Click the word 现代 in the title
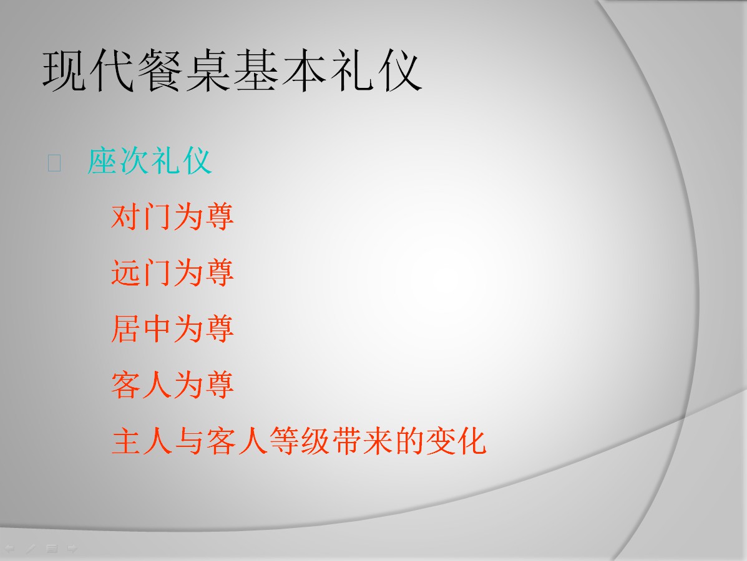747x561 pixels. click(x=90, y=71)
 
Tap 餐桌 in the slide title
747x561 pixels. click(x=185, y=71)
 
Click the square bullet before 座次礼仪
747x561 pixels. click(x=54, y=163)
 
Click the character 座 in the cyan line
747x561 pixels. click(x=102, y=161)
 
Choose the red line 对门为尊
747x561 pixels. click(x=172, y=216)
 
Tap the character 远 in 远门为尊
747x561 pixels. click(x=126, y=272)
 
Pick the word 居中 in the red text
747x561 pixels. click(x=142, y=328)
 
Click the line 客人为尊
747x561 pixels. click(x=172, y=385)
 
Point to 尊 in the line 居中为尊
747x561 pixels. click(x=218, y=328)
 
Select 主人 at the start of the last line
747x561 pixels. click(x=142, y=441)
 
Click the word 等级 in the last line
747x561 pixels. click(x=299, y=441)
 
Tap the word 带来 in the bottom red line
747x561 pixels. click(x=362, y=441)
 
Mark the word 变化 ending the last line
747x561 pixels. click(x=456, y=441)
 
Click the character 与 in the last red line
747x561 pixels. click(x=189, y=441)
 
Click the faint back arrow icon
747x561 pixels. click(x=9, y=549)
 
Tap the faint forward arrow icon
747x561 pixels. click(x=72, y=549)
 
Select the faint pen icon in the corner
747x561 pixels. click(x=31, y=549)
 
